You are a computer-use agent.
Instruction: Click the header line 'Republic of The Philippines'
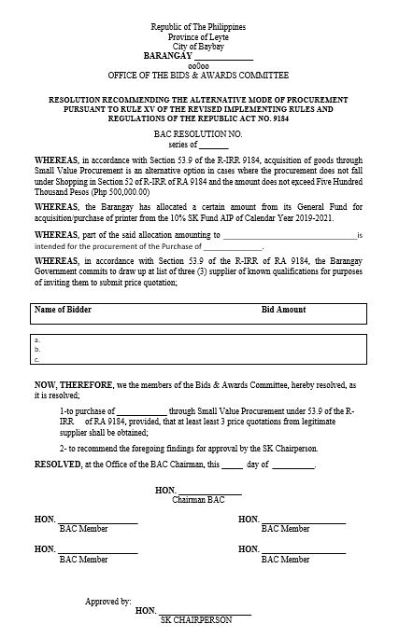[x=198, y=28]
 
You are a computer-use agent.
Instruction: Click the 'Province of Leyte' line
[x=198, y=37]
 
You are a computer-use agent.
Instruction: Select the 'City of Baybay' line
[x=198, y=47]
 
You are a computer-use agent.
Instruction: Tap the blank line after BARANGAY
[x=223, y=56]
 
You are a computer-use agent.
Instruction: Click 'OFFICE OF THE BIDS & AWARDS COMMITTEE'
[x=198, y=75]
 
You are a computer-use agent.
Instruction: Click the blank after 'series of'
[x=214, y=146]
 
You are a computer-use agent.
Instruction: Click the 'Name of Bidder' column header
[x=63, y=310]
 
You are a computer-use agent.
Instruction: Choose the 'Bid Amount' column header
[x=283, y=310]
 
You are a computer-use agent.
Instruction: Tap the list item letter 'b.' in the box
[x=37, y=350]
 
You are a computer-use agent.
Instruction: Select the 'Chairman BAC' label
[x=198, y=501]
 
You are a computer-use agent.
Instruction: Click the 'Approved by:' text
[x=107, y=602]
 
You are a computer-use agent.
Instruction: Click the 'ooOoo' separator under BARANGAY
[x=198, y=65]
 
